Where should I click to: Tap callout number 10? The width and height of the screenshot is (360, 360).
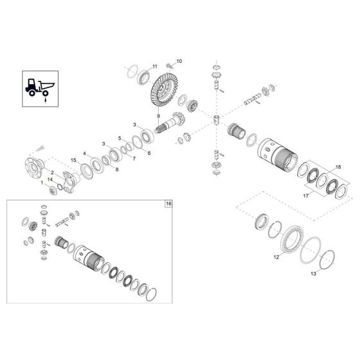tap(179, 61)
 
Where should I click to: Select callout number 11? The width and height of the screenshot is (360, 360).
tap(154, 67)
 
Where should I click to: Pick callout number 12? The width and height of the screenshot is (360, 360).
tap(277, 256)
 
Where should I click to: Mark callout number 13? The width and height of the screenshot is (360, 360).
tap(314, 273)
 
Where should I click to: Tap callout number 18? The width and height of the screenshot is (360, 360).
tap(339, 167)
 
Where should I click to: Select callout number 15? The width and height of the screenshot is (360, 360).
tap(74, 159)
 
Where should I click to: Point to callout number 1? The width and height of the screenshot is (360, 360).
tap(42, 183)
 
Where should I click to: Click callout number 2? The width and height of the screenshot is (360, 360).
tap(51, 172)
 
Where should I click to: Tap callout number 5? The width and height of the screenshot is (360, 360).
tap(119, 138)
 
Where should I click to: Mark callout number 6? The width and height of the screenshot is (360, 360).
tap(148, 153)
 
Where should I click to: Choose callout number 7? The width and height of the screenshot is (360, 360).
tap(134, 158)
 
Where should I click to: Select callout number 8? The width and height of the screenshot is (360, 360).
tap(117, 169)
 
